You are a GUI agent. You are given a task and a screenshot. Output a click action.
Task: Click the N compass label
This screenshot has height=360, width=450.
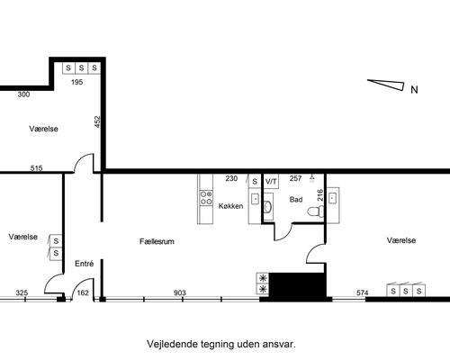pos(414,89)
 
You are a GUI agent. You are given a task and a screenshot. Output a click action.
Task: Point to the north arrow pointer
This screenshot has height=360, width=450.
pos(386,85)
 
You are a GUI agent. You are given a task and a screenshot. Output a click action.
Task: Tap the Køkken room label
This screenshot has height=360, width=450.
pos(230,206)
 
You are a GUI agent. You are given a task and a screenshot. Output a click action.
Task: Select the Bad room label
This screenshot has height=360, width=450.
pos(296,199)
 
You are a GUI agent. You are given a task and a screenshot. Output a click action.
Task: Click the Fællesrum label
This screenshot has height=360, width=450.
pos(157,242)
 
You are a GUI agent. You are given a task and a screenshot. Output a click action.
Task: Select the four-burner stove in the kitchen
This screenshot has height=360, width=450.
pos(204,195)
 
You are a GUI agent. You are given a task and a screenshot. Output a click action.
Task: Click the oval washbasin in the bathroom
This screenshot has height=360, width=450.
pos(269,210)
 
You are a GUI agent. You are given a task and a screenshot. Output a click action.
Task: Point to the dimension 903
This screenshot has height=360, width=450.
pos(179,292)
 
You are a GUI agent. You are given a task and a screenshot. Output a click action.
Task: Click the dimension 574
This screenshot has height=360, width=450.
pos(363,292)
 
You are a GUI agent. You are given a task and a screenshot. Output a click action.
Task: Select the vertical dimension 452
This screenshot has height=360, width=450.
pos(98,121)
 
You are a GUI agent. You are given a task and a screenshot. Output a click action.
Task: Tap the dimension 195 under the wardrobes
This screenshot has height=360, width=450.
pos(77,82)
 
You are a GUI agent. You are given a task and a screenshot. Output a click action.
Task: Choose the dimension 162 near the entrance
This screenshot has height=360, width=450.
pos(83,292)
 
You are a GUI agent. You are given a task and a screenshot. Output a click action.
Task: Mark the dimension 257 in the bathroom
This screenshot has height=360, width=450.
pos(295,178)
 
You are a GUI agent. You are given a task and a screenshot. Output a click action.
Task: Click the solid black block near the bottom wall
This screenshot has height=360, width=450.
pos(296,284)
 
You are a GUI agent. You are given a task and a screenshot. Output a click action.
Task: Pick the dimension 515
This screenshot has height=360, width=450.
pos(36,167)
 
